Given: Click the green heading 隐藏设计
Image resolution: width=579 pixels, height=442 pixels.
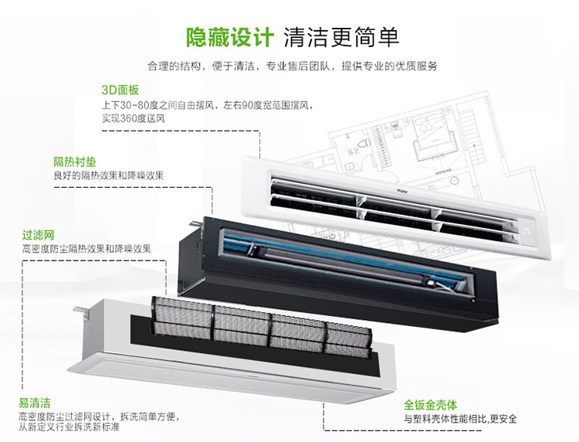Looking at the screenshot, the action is click(x=229, y=37).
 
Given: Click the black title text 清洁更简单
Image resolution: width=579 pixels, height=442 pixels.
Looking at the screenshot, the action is click(x=341, y=37).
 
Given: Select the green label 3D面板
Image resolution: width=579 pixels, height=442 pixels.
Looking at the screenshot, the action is click(x=120, y=90).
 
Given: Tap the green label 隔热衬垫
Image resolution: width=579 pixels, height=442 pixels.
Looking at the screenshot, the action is click(x=75, y=161).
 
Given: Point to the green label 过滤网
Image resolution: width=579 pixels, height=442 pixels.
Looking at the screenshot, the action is click(x=38, y=235).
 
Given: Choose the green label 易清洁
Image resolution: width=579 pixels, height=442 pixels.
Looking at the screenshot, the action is click(x=35, y=403).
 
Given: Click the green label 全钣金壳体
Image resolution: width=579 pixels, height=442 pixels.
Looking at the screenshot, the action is click(x=430, y=405).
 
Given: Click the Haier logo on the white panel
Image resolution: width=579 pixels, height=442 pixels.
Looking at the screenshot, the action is click(x=402, y=192).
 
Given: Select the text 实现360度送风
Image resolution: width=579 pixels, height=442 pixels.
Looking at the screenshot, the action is click(x=134, y=119).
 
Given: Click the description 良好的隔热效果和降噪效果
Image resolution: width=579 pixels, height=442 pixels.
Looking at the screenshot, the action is click(x=109, y=175).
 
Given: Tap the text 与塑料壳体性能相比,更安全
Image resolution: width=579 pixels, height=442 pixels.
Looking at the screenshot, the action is click(x=460, y=419).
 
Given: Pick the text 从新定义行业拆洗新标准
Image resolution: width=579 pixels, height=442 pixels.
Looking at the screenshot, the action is click(x=69, y=427).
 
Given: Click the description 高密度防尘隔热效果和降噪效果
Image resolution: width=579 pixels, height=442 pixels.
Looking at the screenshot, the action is click(x=86, y=249).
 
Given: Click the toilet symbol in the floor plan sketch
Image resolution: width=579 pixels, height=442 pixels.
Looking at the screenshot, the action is click(x=365, y=144).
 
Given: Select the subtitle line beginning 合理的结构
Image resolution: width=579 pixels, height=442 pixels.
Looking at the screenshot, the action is click(x=293, y=66).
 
